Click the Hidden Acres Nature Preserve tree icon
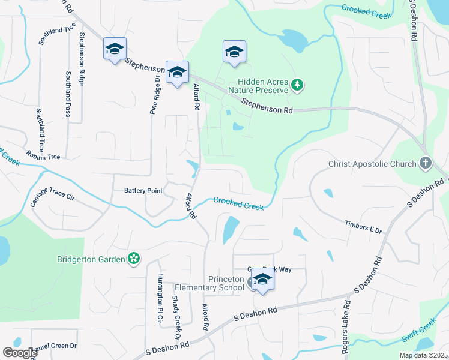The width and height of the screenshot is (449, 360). (x=297, y=85)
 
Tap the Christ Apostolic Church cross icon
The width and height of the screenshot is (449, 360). (x=425, y=163)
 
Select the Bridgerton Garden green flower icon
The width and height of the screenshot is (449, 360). (x=134, y=259)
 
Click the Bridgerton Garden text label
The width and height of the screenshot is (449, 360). (x=91, y=259)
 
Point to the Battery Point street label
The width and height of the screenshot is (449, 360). (x=143, y=191)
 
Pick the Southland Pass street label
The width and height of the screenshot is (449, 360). (x=68, y=94)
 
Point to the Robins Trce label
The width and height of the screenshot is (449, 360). (x=43, y=156)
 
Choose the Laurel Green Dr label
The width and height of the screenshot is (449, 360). (x=53, y=346)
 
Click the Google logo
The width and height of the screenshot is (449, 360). (x=20, y=353)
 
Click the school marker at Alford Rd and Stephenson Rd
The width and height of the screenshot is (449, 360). (x=177, y=73)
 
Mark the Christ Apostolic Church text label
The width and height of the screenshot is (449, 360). (x=372, y=164)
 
